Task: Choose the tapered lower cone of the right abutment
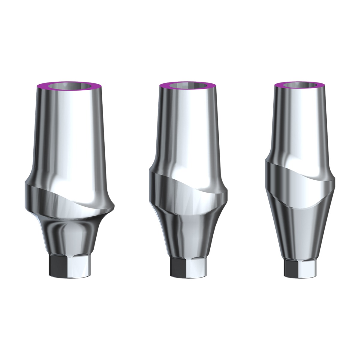(x=300, y=234)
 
